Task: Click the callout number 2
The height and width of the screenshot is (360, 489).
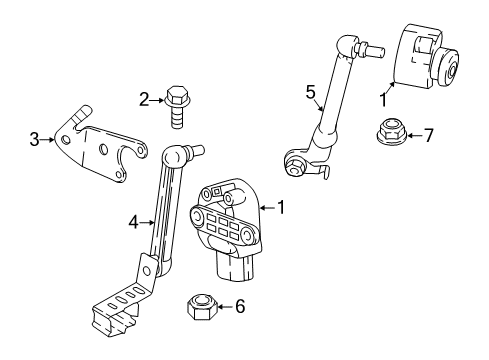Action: (x=143, y=98)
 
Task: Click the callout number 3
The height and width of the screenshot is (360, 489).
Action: (x=35, y=139)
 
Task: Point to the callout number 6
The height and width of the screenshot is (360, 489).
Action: (x=238, y=308)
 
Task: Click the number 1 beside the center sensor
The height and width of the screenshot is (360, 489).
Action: (x=283, y=208)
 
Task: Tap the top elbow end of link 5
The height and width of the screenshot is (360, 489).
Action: (x=347, y=47)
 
